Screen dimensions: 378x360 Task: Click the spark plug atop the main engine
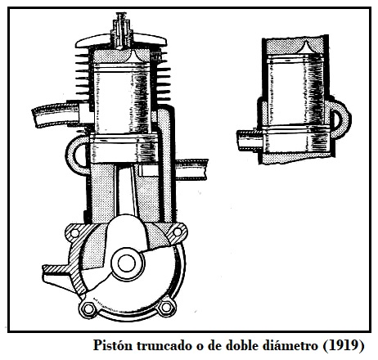point(121,30)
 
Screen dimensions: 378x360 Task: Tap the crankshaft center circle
point(127,263)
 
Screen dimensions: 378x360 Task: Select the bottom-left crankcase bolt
point(88,308)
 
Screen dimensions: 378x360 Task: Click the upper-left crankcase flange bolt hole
point(74,232)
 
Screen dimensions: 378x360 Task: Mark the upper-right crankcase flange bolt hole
point(178,232)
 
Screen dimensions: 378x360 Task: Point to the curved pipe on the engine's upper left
point(56,115)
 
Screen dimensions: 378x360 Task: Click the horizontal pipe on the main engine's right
point(191,169)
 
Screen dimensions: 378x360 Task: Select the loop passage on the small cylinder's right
point(341,119)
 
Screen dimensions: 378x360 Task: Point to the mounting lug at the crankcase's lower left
point(59,276)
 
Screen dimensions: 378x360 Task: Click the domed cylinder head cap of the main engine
point(121,41)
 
